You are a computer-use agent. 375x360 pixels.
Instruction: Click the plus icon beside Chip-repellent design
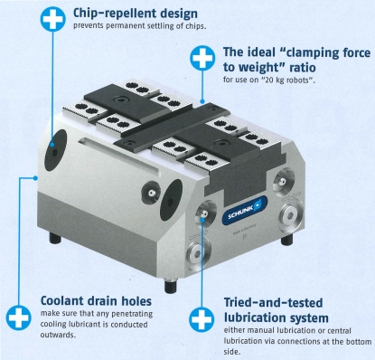point(52,19)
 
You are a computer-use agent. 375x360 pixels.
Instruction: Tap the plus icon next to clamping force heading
point(202,58)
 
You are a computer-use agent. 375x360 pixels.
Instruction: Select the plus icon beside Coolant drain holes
point(19,317)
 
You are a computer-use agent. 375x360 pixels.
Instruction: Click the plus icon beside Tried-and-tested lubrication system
point(202,319)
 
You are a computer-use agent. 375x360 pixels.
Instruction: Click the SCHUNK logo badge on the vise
point(245,210)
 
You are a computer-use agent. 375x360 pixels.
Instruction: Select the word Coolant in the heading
point(62,301)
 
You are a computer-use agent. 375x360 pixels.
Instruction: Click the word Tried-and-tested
point(273,303)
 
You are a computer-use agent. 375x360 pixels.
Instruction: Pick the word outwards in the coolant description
point(57,335)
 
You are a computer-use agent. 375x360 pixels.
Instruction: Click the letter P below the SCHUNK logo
point(245,237)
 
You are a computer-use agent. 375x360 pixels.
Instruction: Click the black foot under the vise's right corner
point(286,240)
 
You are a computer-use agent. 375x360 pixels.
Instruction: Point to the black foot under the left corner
point(55,238)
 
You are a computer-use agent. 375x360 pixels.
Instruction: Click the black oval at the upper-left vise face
point(55,150)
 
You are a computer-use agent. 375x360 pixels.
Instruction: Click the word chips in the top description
point(195,26)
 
